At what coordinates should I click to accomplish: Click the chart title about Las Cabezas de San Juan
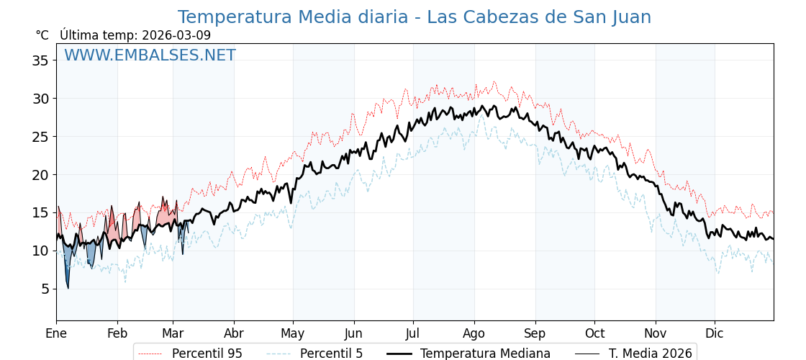(x=414, y=17)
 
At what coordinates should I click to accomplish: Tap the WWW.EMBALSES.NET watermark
(x=150, y=55)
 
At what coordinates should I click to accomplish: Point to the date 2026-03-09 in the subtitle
(x=176, y=35)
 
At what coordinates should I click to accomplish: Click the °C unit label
(x=42, y=35)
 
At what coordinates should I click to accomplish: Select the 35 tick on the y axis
(x=40, y=60)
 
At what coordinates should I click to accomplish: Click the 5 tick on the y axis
(x=44, y=289)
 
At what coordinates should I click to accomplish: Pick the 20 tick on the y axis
(x=40, y=174)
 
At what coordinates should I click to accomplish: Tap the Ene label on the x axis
(x=56, y=333)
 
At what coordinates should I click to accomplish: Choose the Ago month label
(x=474, y=333)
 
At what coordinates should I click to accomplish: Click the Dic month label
(x=715, y=333)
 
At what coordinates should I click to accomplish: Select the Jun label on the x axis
(x=353, y=333)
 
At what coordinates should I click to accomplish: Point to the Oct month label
(x=594, y=333)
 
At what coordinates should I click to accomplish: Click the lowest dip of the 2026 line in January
(x=68, y=288)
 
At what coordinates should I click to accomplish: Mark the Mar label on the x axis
(x=173, y=333)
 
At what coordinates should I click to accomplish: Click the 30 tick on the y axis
(x=40, y=99)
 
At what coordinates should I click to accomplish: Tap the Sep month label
(x=535, y=333)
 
